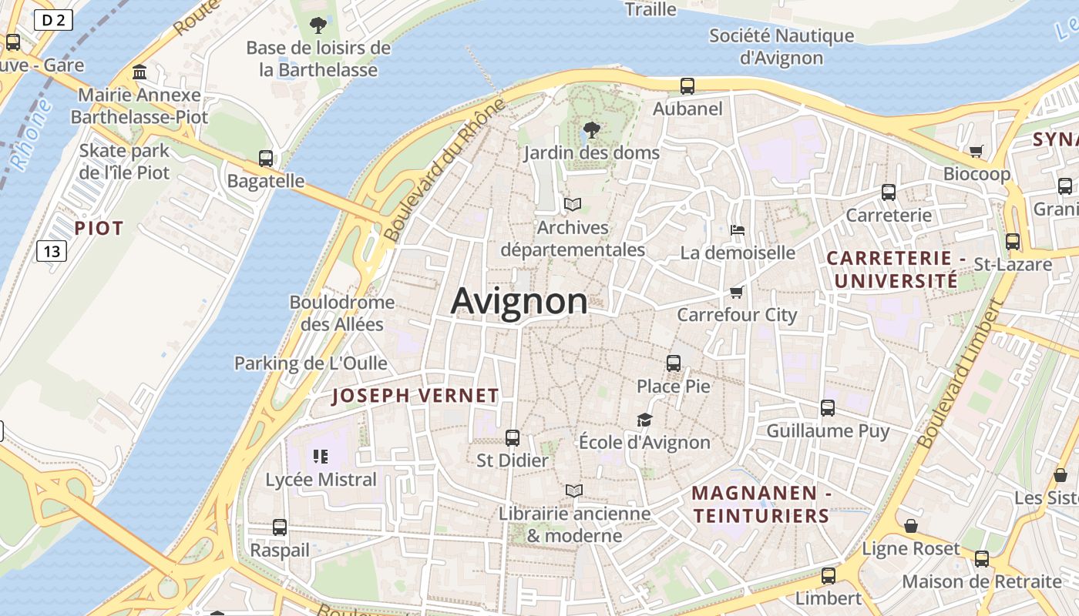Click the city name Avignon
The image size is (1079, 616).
click(x=519, y=301)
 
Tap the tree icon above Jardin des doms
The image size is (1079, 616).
click(x=592, y=129)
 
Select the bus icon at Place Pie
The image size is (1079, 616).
click(x=674, y=363)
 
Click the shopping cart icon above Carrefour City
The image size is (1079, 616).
click(x=736, y=292)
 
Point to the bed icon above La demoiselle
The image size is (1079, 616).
click(x=738, y=229)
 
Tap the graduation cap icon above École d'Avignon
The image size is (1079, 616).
click(x=644, y=420)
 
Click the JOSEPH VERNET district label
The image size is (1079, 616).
click(x=415, y=396)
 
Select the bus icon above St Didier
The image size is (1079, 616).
click(x=513, y=438)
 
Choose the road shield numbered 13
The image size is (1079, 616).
click(x=52, y=251)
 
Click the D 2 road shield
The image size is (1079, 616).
click(x=53, y=21)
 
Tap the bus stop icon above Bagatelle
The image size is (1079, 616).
click(x=266, y=159)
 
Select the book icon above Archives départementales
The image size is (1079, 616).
click(x=572, y=204)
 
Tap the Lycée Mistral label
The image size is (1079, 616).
click(x=321, y=480)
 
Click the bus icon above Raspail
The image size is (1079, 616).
click(x=280, y=527)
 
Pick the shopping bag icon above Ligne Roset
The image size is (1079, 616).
click(x=911, y=526)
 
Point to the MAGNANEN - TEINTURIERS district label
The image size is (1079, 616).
click(x=761, y=504)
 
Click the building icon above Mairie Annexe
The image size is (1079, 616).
click(x=140, y=72)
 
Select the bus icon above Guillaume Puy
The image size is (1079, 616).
click(x=828, y=407)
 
